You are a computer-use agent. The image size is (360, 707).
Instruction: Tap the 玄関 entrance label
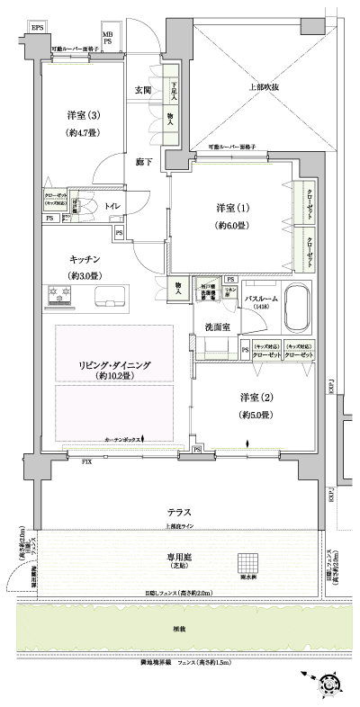point(143,90)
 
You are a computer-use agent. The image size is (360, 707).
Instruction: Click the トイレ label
point(112,205)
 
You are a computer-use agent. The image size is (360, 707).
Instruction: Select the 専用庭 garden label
point(176,559)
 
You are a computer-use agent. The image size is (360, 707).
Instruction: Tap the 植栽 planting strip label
point(176,629)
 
